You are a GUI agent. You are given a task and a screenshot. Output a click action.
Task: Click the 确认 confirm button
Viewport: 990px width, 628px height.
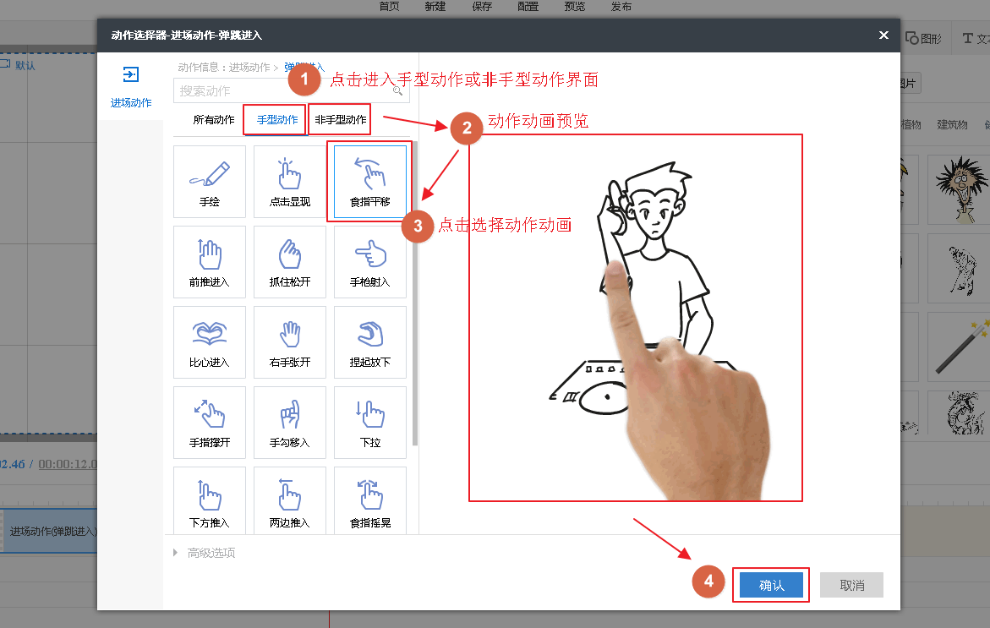(771, 585)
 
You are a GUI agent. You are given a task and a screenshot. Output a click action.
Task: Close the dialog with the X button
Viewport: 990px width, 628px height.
(883, 35)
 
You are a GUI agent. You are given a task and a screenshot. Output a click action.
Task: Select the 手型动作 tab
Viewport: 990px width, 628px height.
(277, 120)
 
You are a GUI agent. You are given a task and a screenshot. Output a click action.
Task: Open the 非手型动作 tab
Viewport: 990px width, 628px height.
(341, 120)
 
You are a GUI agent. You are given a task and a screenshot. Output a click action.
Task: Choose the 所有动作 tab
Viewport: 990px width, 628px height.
(214, 120)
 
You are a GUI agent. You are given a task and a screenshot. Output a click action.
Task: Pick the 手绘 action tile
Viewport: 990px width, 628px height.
(210, 182)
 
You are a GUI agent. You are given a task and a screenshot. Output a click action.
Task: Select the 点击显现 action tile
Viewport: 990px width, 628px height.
(290, 182)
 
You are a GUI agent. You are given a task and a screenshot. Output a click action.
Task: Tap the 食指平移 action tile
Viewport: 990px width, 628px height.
(370, 182)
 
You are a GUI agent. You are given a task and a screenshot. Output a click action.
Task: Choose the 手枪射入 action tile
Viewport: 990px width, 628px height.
(370, 262)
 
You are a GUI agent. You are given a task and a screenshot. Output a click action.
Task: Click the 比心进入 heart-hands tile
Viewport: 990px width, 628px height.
(210, 342)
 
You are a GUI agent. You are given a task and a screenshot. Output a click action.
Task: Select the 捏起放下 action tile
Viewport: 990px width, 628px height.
(370, 342)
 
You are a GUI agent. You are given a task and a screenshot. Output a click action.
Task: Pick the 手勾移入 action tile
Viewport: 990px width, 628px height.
(290, 423)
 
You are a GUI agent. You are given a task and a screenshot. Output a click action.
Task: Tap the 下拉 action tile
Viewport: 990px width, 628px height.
(370, 423)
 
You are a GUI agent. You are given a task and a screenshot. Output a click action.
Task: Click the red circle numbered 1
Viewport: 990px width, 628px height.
(304, 80)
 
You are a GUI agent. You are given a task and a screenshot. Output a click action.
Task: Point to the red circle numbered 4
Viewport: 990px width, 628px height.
(709, 582)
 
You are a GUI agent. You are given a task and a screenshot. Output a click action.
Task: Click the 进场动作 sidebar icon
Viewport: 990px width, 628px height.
(130, 75)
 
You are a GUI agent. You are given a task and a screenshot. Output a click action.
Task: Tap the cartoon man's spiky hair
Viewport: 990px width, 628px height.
(656, 183)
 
